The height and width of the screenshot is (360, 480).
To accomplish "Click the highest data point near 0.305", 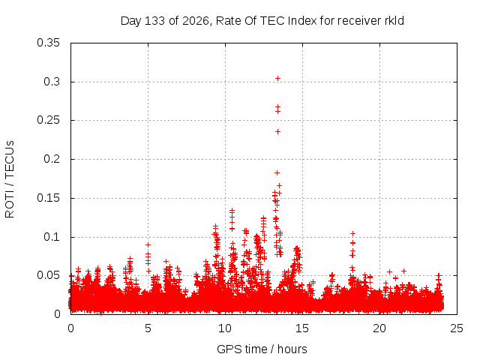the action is tap(277, 79).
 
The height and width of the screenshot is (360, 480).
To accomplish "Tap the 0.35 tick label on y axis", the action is tap(48, 43).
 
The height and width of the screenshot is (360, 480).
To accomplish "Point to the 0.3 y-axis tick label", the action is tap(52, 82).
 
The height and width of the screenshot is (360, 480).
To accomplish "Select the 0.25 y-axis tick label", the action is tap(48, 120).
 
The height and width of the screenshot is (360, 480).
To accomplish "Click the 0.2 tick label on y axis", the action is tap(52, 159).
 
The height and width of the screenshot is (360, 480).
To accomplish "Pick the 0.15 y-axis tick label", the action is tap(48, 198).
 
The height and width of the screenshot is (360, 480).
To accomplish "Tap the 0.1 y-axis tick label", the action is tap(52, 237).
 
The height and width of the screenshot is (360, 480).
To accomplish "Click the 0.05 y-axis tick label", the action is tap(48, 275).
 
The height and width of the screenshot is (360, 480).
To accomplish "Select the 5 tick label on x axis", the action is tap(148, 328).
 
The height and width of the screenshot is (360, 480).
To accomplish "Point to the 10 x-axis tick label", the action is tap(225, 328).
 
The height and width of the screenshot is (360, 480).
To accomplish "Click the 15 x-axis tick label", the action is tap(302, 328).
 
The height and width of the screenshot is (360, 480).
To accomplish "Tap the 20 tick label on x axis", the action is tap(379, 328).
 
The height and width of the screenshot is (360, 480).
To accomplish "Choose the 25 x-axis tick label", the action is tap(457, 328).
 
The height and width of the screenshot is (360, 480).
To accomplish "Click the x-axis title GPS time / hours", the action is tap(262, 349).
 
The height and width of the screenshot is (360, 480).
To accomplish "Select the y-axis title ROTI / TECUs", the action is tap(10, 179).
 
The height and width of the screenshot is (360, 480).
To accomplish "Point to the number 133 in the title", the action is tap(155, 21).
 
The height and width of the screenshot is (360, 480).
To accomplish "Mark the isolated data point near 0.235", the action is tap(277, 132).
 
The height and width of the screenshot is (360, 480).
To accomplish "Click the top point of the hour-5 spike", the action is tap(148, 245).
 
